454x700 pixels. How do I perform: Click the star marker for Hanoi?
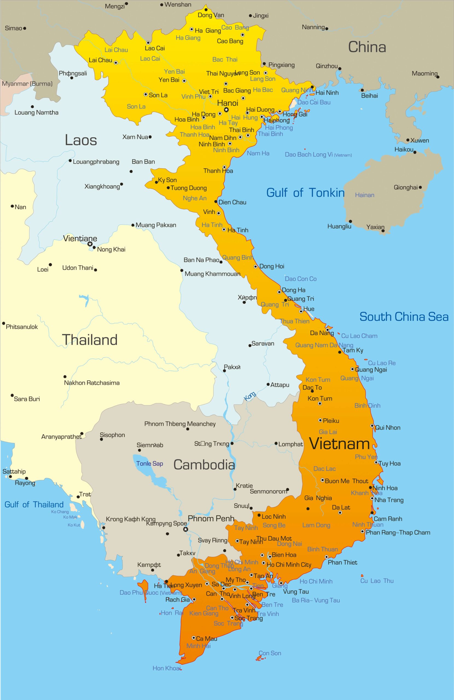226,110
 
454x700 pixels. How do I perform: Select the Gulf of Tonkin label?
305,193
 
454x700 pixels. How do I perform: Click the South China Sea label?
404,317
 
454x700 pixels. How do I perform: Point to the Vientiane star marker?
90,244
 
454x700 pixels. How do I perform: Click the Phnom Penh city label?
211,518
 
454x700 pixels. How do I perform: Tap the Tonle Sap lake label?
150,463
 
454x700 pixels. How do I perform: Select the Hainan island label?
365,195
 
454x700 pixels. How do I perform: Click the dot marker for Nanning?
327,28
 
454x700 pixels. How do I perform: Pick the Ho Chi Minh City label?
289,564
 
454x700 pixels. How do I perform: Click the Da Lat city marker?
340,513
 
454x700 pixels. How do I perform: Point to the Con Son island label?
270,653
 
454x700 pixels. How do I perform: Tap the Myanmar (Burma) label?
27,84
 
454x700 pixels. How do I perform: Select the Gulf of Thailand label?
34,505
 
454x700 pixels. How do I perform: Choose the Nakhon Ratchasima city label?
92,383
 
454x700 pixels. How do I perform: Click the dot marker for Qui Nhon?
372,426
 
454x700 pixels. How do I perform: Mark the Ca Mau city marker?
193,638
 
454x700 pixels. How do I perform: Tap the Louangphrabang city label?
96,162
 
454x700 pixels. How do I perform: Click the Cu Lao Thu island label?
377,581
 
